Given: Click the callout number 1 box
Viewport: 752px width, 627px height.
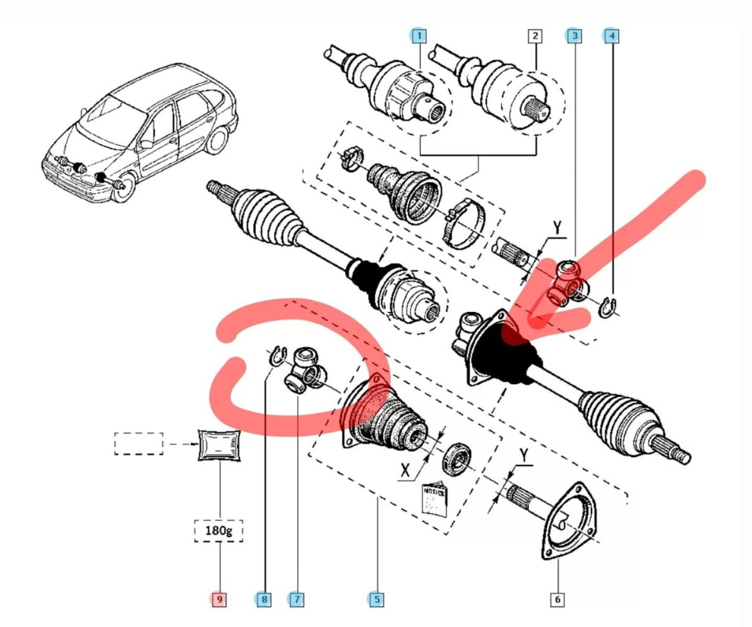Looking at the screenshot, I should pos(418,36).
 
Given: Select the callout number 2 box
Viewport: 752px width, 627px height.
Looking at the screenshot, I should pos(535,36).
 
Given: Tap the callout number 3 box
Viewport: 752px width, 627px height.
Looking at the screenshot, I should pos(573,36).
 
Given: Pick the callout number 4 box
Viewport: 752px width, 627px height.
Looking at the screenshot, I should pos(612,36).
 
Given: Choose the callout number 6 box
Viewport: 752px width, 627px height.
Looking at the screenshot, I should pos(557,599).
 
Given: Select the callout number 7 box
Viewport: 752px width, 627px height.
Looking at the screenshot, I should pos(296,599).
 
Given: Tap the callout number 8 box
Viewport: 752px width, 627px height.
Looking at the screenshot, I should pos(264,599).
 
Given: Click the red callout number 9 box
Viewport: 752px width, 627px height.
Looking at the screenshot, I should pos(219,599).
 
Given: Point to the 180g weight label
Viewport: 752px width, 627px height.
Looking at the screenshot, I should pos(218,532).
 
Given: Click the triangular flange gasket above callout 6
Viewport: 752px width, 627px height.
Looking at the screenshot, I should pos(570,520).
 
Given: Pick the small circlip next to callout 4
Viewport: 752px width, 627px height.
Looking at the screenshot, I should pos(607,308).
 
